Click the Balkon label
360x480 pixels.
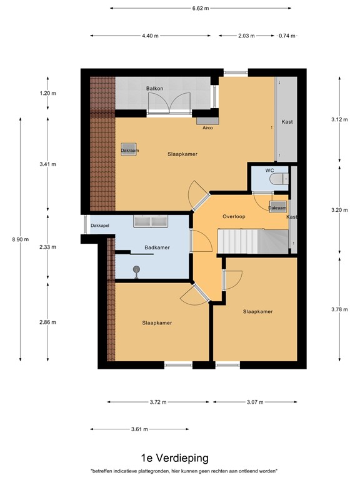click(x=154, y=89)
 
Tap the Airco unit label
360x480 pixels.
click(x=207, y=127)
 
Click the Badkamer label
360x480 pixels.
click(x=157, y=247)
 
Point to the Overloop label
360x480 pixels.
click(x=234, y=216)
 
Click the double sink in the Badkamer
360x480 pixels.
click(x=150, y=221)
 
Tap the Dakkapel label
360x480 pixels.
click(x=100, y=226)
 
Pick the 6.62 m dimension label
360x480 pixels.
click(x=201, y=8)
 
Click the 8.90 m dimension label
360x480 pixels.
click(x=21, y=239)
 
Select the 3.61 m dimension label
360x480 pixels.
click(x=139, y=429)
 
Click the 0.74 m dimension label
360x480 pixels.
click(x=287, y=36)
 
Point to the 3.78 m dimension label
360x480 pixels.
click(x=339, y=309)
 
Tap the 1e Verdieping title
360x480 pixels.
click(x=175, y=458)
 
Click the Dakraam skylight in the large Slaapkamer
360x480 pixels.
click(x=129, y=149)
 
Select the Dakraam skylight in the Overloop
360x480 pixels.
click(x=278, y=207)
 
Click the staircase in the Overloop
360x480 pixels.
click(x=253, y=241)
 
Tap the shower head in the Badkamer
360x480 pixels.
click(x=136, y=271)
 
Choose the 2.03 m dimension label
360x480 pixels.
click(x=246, y=36)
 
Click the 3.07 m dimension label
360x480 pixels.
click(x=255, y=402)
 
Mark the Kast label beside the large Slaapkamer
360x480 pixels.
click(x=287, y=122)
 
